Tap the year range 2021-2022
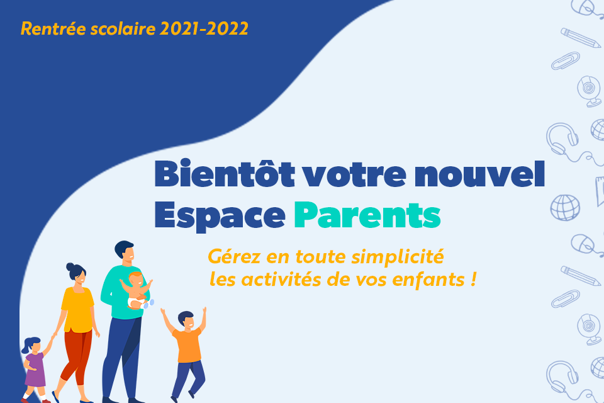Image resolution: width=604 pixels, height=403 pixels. point(204,28)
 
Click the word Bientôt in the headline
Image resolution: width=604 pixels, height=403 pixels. point(225,174)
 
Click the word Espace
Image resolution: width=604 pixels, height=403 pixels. point(220,217)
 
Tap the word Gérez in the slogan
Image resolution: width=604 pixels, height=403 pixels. point(234,256)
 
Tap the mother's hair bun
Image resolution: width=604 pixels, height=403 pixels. point(70,267)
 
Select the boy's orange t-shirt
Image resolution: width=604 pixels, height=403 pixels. point(187,345)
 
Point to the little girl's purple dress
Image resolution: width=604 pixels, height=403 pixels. point(35,370)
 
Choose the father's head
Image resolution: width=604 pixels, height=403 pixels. point(125,251)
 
